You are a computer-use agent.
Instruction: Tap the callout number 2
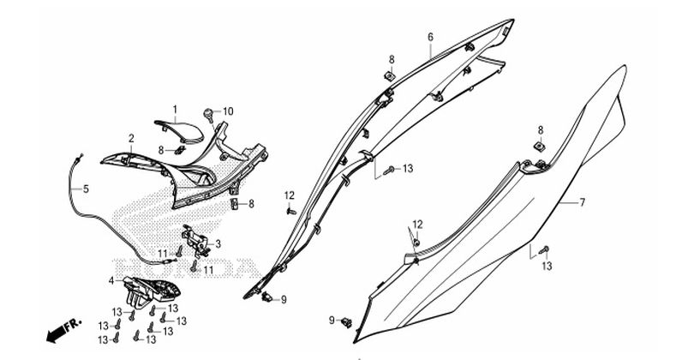[x=131, y=138]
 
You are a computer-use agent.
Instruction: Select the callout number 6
[x=430, y=37]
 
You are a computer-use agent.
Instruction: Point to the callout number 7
[x=582, y=203]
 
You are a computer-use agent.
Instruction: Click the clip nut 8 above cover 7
[x=541, y=147]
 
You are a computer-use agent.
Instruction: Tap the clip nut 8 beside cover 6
[x=390, y=76]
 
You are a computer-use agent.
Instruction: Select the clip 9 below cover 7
[x=345, y=322]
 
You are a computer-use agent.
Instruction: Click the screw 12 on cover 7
[x=416, y=241]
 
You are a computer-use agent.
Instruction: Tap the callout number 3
[x=218, y=243]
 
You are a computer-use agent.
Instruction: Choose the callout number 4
[x=111, y=280]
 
